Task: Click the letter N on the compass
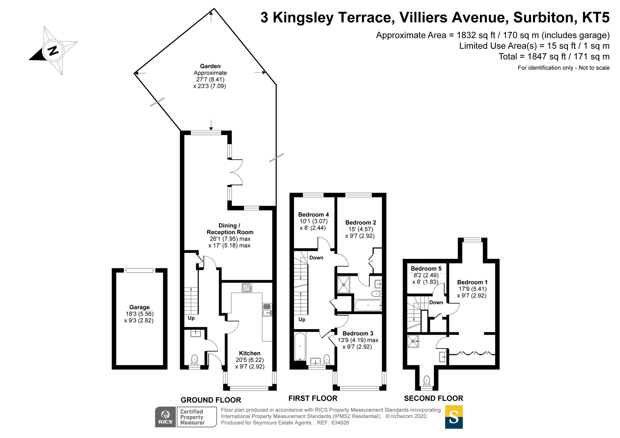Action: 53,51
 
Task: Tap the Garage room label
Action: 139,307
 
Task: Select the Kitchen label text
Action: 249,353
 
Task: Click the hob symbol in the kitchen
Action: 247,288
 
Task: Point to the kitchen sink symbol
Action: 267,310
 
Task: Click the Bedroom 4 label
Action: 314,215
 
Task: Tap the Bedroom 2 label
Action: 361,223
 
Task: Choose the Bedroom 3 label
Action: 358,333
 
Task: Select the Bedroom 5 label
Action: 426,269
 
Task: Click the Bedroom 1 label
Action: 472,282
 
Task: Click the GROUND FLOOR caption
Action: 211,400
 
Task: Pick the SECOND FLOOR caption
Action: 434,399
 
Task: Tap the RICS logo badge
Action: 165,417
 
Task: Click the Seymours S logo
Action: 454,417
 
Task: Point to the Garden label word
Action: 210,66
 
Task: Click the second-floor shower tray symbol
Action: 413,341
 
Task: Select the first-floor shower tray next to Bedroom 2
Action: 343,285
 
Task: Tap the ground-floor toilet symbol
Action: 194,360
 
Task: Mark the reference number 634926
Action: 340,423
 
